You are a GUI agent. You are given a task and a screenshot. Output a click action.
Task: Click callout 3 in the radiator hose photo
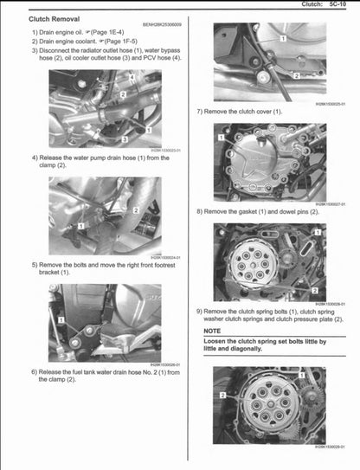[125, 138]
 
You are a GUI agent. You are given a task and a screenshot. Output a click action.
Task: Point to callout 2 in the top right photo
[297, 75]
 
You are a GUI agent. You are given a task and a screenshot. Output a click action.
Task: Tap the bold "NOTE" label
[213, 331]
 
